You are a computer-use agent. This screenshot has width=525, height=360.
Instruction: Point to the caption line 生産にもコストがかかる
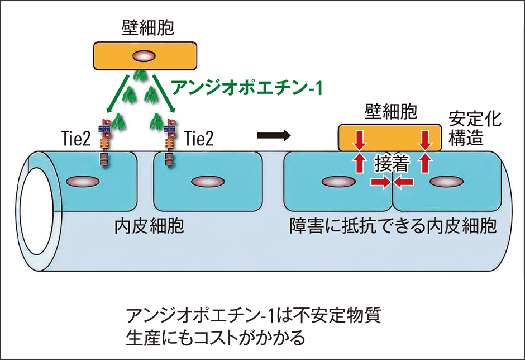215,338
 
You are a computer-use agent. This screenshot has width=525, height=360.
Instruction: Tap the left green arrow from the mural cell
118,96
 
